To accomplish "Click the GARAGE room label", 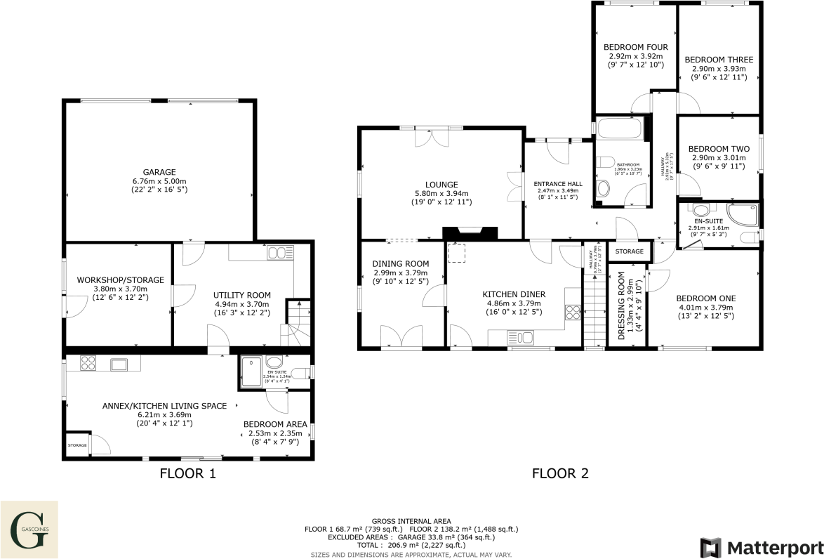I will click(x=160, y=172).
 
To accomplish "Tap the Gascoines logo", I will click(x=29, y=525).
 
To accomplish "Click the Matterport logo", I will click(x=761, y=547).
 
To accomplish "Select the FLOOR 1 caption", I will click(x=187, y=473).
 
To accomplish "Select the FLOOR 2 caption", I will click(x=559, y=473).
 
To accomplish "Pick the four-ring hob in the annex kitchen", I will click(x=89, y=363).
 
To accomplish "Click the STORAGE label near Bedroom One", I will click(x=630, y=251).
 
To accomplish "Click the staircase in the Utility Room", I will click(x=296, y=323).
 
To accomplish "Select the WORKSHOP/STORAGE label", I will click(x=120, y=279).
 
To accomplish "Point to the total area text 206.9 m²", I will click(x=411, y=544).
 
